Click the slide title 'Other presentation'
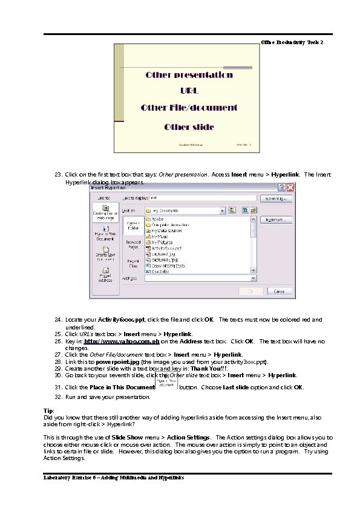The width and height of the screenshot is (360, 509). click(189, 76)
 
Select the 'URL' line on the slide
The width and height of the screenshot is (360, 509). click(189, 91)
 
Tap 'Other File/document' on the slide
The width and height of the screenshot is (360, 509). click(189, 108)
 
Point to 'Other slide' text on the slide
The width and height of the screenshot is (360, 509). click(189, 128)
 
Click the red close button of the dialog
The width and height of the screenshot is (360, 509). click(290, 188)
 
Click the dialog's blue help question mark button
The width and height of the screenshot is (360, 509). click(282, 188)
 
